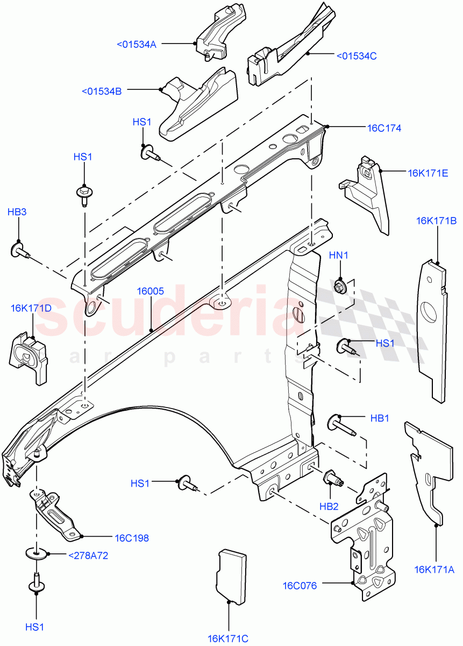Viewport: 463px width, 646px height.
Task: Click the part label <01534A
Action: (137, 44)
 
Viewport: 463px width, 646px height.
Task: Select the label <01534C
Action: (357, 55)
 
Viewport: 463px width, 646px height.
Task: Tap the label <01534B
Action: (102, 91)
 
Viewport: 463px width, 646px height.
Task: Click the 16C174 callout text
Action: (384, 128)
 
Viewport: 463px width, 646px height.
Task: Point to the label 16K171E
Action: (428, 173)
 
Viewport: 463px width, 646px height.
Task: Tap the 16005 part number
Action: (150, 291)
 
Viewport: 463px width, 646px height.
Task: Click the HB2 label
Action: (329, 506)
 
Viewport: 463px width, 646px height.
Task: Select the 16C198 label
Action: (131, 537)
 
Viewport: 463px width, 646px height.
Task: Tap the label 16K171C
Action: (228, 638)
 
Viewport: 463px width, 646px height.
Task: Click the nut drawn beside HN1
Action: (340, 286)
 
